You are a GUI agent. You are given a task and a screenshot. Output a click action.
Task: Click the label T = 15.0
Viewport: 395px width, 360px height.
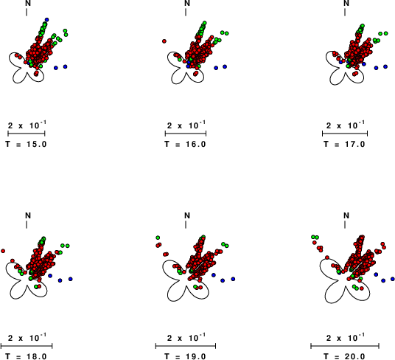click(x=27, y=144)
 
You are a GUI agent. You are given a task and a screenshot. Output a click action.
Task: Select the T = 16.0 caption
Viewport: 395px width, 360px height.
click(x=186, y=144)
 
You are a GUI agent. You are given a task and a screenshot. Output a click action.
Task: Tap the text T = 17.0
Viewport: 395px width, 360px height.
click(x=345, y=144)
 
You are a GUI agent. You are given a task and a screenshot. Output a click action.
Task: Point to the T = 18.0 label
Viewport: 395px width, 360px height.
click(x=27, y=356)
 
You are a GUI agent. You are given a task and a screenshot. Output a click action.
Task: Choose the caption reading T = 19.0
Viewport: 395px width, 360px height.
click(x=186, y=356)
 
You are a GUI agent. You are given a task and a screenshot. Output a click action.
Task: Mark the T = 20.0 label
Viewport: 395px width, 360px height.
click(x=345, y=356)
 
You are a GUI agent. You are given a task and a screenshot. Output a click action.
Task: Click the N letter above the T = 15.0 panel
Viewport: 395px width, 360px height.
click(x=28, y=3)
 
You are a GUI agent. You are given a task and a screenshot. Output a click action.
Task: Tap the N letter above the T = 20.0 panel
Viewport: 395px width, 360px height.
click(x=346, y=215)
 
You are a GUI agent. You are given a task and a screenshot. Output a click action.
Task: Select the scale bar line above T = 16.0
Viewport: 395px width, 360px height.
click(x=186, y=134)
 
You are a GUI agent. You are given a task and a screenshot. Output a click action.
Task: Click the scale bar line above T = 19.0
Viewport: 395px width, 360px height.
click(x=186, y=346)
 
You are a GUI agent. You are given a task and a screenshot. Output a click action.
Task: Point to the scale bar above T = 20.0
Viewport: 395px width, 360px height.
click(x=345, y=346)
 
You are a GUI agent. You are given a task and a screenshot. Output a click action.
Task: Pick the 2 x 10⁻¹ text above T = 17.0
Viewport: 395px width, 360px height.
click(x=346, y=125)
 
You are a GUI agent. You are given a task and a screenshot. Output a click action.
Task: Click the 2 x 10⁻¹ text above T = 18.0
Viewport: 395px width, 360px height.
click(x=27, y=337)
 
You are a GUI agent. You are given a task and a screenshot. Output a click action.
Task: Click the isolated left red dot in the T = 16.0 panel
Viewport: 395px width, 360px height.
click(x=164, y=41)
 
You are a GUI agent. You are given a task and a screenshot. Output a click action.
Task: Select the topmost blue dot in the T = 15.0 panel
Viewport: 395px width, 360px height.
click(x=46, y=20)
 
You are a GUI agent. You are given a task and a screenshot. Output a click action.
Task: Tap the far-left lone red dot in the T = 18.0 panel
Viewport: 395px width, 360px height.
click(x=3, y=251)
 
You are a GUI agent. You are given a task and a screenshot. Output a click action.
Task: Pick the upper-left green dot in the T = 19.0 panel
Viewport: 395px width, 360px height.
click(x=158, y=238)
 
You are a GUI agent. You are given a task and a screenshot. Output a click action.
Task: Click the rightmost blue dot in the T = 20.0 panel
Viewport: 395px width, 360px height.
click(x=393, y=279)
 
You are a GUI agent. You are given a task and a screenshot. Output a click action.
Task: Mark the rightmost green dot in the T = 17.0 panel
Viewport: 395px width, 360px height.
click(x=385, y=33)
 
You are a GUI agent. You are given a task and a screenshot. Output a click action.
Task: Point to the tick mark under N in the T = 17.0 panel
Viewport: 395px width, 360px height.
click(x=345, y=12)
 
